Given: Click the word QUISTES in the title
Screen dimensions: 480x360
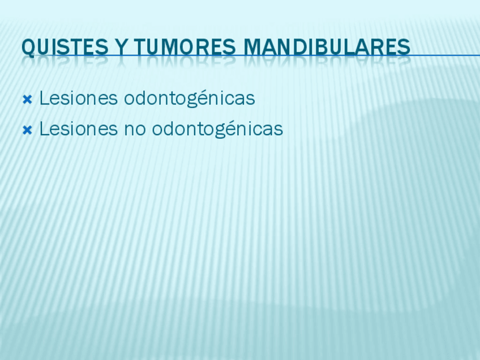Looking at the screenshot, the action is pos(65,48).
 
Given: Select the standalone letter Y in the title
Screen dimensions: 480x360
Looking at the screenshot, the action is pos(122,47).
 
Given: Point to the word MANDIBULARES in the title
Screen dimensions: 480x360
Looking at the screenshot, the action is pos(327,47).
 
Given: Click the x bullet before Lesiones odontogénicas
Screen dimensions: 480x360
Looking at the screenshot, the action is pos(27,100).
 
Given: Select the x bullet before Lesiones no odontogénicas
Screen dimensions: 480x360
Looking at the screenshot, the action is pos(27,130).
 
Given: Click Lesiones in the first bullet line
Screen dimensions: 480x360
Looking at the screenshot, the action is pos(79,98).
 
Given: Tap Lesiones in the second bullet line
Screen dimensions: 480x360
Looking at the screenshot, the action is pos(79,128).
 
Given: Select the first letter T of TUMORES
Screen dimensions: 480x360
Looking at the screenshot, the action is pos(139,47).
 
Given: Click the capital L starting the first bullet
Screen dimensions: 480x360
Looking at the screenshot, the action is pos(44,98).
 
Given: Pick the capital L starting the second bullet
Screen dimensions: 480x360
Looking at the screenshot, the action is pos(44,128).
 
